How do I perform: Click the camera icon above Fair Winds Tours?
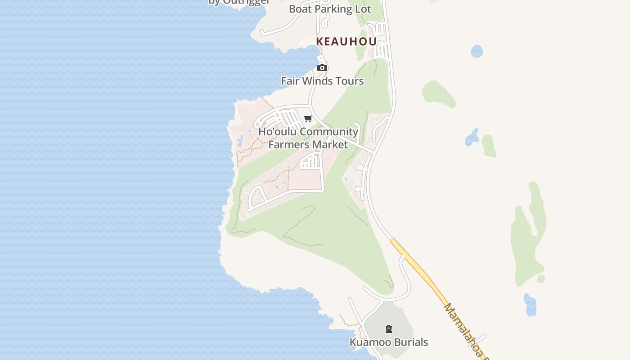[322, 68]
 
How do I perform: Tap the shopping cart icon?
[308, 119]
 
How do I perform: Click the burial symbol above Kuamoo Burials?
[389, 329]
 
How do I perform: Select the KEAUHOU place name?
[346, 41]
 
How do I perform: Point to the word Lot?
[362, 9]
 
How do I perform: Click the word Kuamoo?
[367, 342]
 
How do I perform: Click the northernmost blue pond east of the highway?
[477, 51]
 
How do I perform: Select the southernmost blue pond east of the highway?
[530, 305]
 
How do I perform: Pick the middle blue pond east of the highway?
[472, 137]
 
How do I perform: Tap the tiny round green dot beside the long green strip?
[541, 279]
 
